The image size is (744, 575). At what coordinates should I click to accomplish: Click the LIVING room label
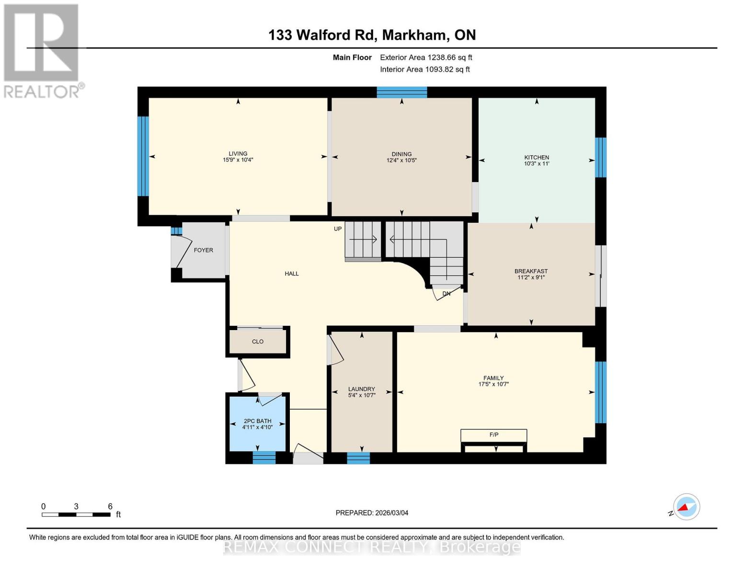point(238,154)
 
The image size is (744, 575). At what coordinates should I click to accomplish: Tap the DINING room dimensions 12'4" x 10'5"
point(401,161)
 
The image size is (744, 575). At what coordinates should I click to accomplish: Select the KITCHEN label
point(537,157)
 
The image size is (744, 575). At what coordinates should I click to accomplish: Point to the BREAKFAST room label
point(531,271)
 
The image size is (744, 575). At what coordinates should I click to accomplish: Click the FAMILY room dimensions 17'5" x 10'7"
point(493,384)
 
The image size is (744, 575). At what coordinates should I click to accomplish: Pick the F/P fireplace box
point(493,435)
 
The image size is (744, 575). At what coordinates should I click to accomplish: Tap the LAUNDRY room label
point(362,389)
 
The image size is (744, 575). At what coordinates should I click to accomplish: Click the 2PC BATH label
point(257,421)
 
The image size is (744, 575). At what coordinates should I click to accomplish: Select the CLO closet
point(258,342)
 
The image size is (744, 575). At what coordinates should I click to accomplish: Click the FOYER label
point(203,250)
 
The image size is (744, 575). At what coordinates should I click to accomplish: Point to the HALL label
point(292,274)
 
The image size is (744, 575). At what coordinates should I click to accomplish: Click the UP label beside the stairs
point(338,229)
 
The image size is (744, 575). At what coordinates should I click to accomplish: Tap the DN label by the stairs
point(446,294)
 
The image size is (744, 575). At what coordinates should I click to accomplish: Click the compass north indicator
point(686,507)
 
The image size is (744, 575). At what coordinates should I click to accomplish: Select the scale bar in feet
point(76,515)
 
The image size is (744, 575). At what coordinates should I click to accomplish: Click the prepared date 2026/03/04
point(372,513)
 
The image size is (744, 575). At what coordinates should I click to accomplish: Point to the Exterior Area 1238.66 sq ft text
point(426,57)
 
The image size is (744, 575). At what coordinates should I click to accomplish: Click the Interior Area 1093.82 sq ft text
point(424,69)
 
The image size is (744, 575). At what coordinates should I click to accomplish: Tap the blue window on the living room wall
point(143,156)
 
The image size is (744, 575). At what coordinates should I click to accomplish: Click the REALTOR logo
point(42,50)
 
